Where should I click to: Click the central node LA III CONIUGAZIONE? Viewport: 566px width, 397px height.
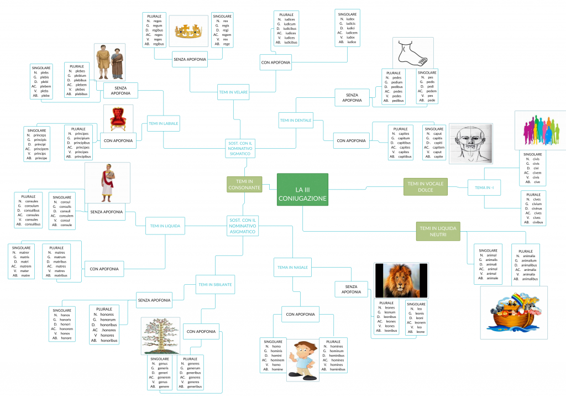tap(302, 190)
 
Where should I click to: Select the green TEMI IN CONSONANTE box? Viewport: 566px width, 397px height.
tap(244, 185)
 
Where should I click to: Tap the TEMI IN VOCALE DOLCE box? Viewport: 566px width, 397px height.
tap(425, 187)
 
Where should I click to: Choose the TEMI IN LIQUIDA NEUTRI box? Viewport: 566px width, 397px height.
tap(438, 231)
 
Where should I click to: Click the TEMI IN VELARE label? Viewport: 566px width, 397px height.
tap(233, 92)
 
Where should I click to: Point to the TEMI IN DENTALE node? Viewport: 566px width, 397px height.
tap(296, 120)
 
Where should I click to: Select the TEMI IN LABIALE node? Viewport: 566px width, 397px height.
tap(164, 124)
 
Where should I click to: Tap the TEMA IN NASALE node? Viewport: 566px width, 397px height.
tap(292, 267)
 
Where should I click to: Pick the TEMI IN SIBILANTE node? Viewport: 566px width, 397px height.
tap(214, 285)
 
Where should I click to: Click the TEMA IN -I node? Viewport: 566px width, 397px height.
tap(484, 187)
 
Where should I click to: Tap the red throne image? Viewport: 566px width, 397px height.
tap(118, 118)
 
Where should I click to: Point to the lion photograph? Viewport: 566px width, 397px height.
tap(401, 280)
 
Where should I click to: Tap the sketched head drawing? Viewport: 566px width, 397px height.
tap(470, 143)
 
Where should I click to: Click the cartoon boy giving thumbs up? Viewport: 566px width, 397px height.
tap(302, 359)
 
